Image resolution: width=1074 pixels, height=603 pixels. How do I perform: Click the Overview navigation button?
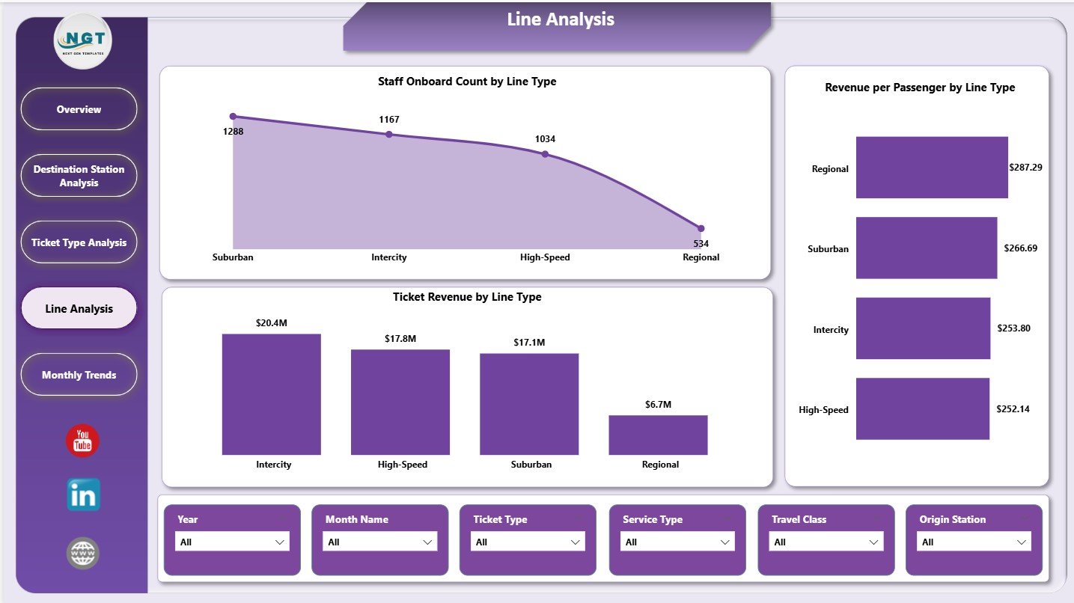[79, 109]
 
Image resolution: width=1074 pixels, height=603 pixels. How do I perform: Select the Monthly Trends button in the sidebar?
[79, 375]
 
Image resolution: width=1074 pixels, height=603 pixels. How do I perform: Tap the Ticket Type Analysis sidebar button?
[79, 242]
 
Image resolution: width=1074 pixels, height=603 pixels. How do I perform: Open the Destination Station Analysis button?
[79, 176]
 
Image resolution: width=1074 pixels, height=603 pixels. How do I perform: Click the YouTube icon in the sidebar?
[82, 441]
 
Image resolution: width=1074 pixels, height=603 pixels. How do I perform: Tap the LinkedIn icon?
[83, 495]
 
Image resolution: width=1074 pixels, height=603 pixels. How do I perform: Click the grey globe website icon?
[82, 553]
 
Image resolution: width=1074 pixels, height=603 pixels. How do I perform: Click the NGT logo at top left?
[82, 41]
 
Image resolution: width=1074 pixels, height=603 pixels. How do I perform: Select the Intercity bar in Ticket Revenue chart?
[272, 394]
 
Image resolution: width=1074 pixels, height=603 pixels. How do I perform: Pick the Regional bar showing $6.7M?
[658, 435]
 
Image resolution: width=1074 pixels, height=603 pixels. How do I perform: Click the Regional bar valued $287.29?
[932, 168]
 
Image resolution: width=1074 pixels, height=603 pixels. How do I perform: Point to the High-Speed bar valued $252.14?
[923, 408]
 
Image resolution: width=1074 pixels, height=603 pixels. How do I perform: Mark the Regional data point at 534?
[701, 228]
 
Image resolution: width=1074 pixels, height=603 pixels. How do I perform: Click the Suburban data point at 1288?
[233, 117]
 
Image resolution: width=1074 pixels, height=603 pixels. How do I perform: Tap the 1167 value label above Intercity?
[389, 120]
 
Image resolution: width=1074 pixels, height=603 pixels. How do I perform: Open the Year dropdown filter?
[231, 542]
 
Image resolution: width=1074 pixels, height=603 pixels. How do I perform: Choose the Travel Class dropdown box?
[827, 542]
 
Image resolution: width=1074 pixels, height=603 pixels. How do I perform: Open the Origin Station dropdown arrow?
[1022, 542]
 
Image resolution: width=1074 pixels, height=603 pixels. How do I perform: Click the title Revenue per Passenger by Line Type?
[920, 88]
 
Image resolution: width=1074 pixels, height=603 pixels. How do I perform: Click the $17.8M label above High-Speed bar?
[400, 339]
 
